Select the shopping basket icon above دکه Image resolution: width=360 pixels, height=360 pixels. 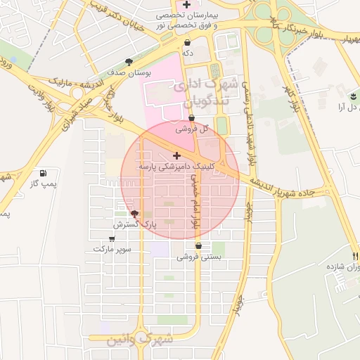click(187, 43)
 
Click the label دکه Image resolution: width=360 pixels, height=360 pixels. click(187, 53)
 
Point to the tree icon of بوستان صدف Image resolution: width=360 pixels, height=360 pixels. click(128, 62)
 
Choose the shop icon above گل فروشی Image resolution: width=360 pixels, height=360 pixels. click(191, 118)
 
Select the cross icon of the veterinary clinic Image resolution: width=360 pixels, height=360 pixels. click(176, 155)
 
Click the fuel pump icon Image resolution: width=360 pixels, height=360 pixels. click(44, 173)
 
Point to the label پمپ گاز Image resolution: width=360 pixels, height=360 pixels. click(44, 184)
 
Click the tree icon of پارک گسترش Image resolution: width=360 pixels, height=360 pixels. click(134, 214)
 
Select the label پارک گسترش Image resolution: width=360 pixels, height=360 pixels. click(134, 224)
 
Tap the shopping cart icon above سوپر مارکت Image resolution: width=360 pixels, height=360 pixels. click(112, 239)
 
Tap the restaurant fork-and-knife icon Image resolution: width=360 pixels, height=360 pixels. click(356, 256)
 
